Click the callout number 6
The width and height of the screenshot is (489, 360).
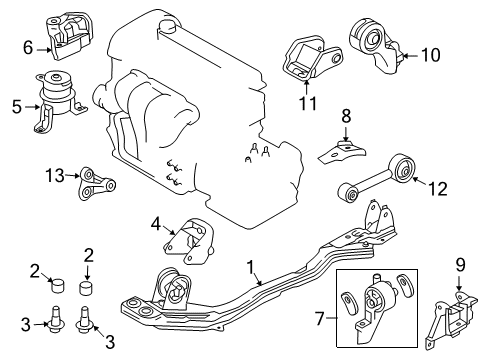point(28,47)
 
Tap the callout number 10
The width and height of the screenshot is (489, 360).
point(431,55)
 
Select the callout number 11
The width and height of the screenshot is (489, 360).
point(308,103)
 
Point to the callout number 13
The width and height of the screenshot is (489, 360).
point(55,175)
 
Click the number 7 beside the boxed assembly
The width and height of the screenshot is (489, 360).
point(320,319)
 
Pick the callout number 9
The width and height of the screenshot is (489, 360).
point(460,265)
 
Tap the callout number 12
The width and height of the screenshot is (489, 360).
point(438,189)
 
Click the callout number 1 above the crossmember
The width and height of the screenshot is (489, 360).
point(251,268)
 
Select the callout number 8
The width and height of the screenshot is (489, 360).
point(346,116)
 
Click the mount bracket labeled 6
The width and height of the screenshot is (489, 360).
point(68,37)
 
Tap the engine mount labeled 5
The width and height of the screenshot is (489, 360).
point(58,100)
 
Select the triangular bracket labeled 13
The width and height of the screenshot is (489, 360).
point(97,184)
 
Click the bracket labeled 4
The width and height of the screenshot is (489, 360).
point(189,241)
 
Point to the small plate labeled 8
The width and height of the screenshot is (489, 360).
point(342,153)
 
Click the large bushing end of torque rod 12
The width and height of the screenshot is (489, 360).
point(404,168)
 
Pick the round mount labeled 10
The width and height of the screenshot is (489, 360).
point(375,45)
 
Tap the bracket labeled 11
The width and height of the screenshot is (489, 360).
point(311,57)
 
